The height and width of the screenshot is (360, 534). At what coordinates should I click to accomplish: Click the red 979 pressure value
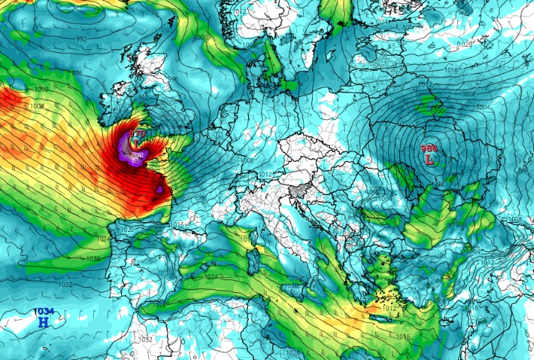pyautogui.click(x=139, y=133)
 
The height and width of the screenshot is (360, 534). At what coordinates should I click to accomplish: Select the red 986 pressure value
pyautogui.click(x=430, y=148)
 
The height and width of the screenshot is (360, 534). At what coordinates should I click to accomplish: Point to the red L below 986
pyautogui.click(x=430, y=159)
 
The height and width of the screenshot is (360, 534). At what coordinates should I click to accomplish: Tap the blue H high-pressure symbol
pyautogui.click(x=43, y=322)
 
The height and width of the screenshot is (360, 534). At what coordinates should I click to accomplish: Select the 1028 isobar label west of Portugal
pyautogui.click(x=92, y=259)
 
